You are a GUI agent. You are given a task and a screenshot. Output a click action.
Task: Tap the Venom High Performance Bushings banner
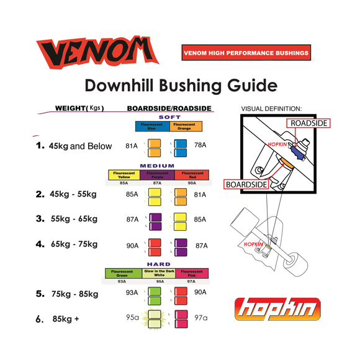(x=246, y=53)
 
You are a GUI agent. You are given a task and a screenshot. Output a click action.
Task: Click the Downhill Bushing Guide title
(x=180, y=85)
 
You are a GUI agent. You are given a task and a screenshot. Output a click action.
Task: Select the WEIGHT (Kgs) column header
(x=79, y=109)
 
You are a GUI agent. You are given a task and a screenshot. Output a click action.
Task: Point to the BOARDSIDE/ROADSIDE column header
(x=169, y=109)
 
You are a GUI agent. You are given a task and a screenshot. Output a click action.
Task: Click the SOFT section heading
(x=170, y=117)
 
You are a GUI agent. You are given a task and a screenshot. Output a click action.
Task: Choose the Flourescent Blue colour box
(x=151, y=127)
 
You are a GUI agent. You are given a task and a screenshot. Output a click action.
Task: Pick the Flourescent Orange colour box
(x=184, y=127)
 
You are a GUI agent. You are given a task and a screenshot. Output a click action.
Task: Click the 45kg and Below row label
(x=74, y=146)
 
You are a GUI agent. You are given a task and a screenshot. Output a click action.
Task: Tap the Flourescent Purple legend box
(x=158, y=175)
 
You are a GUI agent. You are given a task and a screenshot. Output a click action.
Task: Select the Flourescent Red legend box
(x=192, y=175)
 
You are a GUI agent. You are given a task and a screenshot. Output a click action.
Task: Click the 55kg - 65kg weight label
(x=66, y=219)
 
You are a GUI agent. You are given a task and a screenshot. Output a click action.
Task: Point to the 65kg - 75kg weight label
(x=66, y=244)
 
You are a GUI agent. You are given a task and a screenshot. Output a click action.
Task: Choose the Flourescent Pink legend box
(x=192, y=273)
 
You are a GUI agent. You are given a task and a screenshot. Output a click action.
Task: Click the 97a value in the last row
(x=200, y=318)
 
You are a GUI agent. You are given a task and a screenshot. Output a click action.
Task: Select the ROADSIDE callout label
(x=309, y=124)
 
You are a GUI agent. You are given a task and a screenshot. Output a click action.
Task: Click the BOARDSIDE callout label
(x=246, y=184)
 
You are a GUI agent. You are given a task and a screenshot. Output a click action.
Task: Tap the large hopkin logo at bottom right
(x=277, y=308)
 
